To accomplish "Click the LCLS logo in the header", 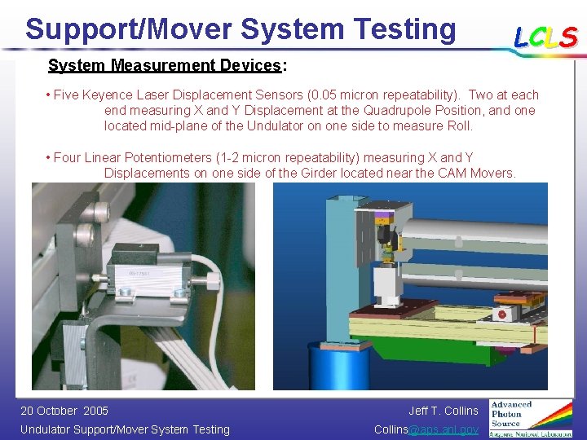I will point(545,37).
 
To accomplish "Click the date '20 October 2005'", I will point(64,411).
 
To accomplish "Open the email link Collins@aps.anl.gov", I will point(426,429).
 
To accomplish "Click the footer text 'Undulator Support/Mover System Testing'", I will point(125,429).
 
